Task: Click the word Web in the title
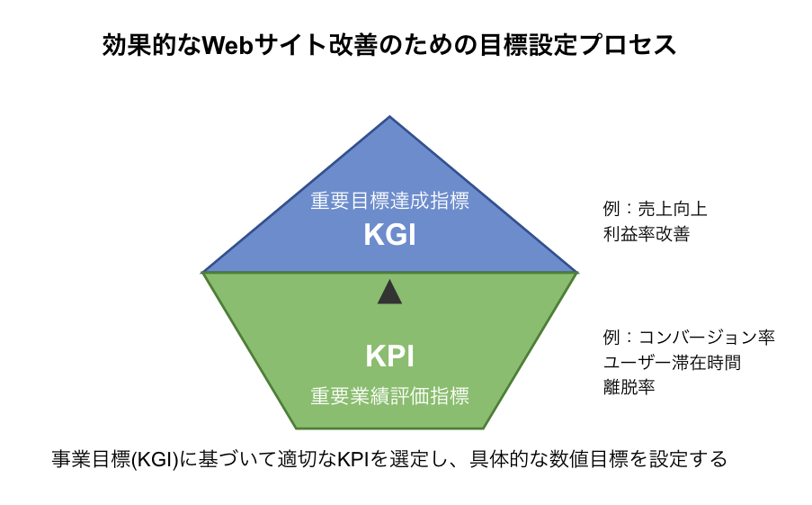pyautogui.click(x=228, y=45)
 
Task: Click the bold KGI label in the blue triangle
pyautogui.click(x=390, y=234)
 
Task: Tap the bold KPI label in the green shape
pyautogui.click(x=390, y=356)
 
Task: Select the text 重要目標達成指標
pyautogui.click(x=390, y=201)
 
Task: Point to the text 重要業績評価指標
pyautogui.click(x=390, y=396)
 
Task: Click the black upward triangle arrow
pyautogui.click(x=390, y=292)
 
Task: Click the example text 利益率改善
pyautogui.click(x=647, y=234)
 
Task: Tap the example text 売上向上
pyautogui.click(x=673, y=209)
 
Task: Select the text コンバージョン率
pyautogui.click(x=707, y=338)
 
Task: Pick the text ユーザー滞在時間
pyautogui.click(x=673, y=363)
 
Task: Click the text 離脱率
pyautogui.click(x=629, y=387)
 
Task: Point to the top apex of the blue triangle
pyautogui.click(x=390, y=116)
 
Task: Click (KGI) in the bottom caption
pyautogui.click(x=155, y=459)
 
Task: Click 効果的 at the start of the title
pyautogui.click(x=127, y=45)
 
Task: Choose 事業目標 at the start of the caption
pyautogui.click(x=91, y=459)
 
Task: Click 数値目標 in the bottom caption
pyautogui.click(x=589, y=459)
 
